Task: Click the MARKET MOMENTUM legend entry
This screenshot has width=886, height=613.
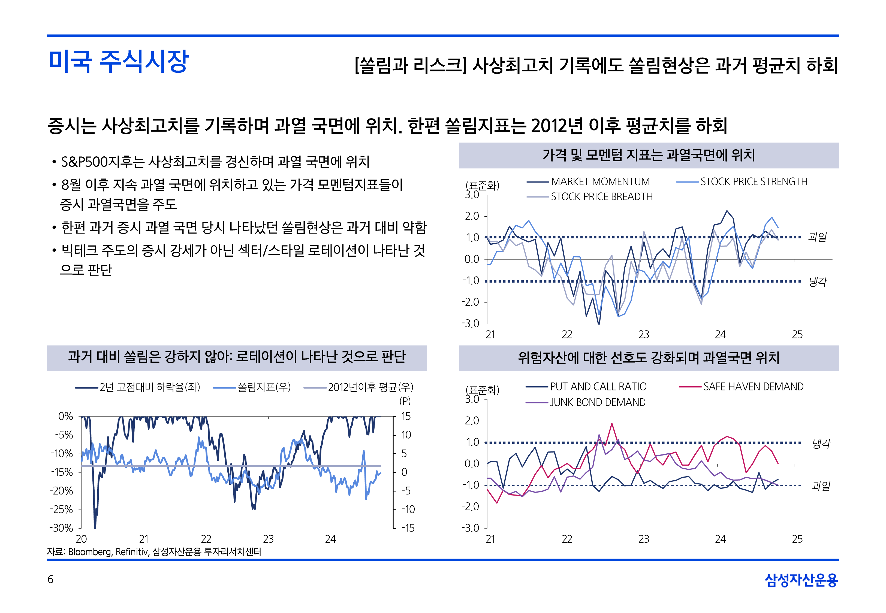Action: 600,182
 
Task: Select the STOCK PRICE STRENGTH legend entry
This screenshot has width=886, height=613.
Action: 754,182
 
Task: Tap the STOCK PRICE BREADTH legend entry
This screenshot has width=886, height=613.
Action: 601,197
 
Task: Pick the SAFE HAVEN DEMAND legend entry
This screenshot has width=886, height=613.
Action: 753,387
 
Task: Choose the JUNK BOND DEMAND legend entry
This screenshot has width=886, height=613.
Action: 598,402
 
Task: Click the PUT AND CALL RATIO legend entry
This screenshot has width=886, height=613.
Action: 598,387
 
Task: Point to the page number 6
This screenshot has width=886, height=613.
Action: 50,579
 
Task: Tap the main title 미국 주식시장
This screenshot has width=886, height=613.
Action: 118,62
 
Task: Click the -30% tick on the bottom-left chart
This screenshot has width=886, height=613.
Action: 61,528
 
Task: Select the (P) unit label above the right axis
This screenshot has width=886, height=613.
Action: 405,401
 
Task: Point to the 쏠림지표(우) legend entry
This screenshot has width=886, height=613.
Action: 264,387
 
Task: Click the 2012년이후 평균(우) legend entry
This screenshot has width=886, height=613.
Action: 370,387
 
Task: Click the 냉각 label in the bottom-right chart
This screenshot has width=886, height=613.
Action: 821,444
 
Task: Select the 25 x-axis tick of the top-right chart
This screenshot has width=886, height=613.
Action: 797,335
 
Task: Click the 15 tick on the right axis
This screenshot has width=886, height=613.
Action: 406,416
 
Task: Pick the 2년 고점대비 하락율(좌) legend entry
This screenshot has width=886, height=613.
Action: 149,387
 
